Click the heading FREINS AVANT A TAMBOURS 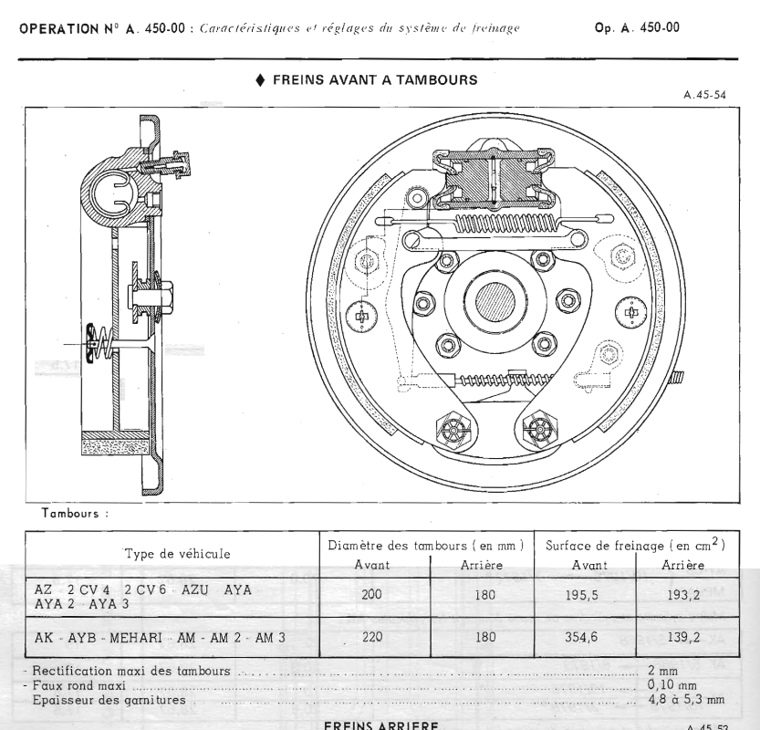point(374,80)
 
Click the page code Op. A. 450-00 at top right point(636,27)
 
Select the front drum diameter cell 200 point(371,595)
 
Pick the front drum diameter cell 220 point(371,637)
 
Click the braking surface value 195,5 point(583,595)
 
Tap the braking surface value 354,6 point(583,637)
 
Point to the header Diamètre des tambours point(424,545)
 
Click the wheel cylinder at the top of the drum point(494,179)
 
